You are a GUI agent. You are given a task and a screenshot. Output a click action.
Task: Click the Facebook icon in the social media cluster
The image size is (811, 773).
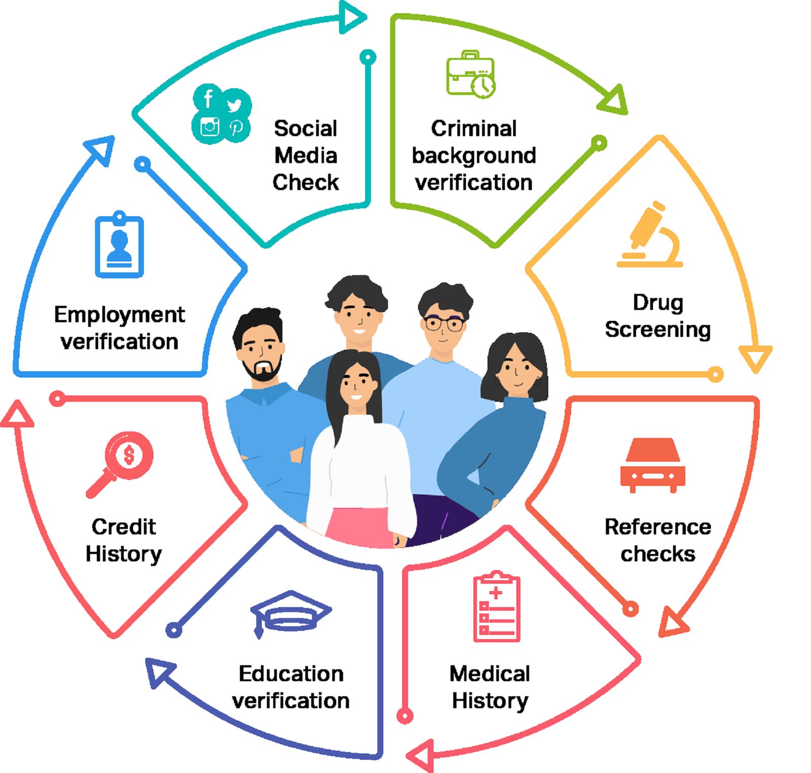208,98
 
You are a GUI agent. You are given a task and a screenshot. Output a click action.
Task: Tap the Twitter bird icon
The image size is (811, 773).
234,105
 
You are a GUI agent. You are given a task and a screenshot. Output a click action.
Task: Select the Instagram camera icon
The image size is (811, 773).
209,126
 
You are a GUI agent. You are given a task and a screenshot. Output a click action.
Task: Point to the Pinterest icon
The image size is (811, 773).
236,127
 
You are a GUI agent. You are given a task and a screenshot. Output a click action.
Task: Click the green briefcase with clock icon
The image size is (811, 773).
470,75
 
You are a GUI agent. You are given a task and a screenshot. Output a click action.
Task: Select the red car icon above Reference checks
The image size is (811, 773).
652,464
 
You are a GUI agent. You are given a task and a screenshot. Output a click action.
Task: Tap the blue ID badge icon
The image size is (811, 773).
120,245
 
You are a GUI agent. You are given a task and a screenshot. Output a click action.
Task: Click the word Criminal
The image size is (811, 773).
474,129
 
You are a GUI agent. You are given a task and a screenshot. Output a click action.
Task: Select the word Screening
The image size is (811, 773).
657,330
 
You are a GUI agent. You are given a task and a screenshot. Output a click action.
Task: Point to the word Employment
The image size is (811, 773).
120,315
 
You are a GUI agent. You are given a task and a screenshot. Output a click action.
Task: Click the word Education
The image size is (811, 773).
291,674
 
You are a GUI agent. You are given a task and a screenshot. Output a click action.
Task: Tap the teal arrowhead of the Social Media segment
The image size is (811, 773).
352,17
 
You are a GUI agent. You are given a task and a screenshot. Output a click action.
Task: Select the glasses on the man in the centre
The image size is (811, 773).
444,323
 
